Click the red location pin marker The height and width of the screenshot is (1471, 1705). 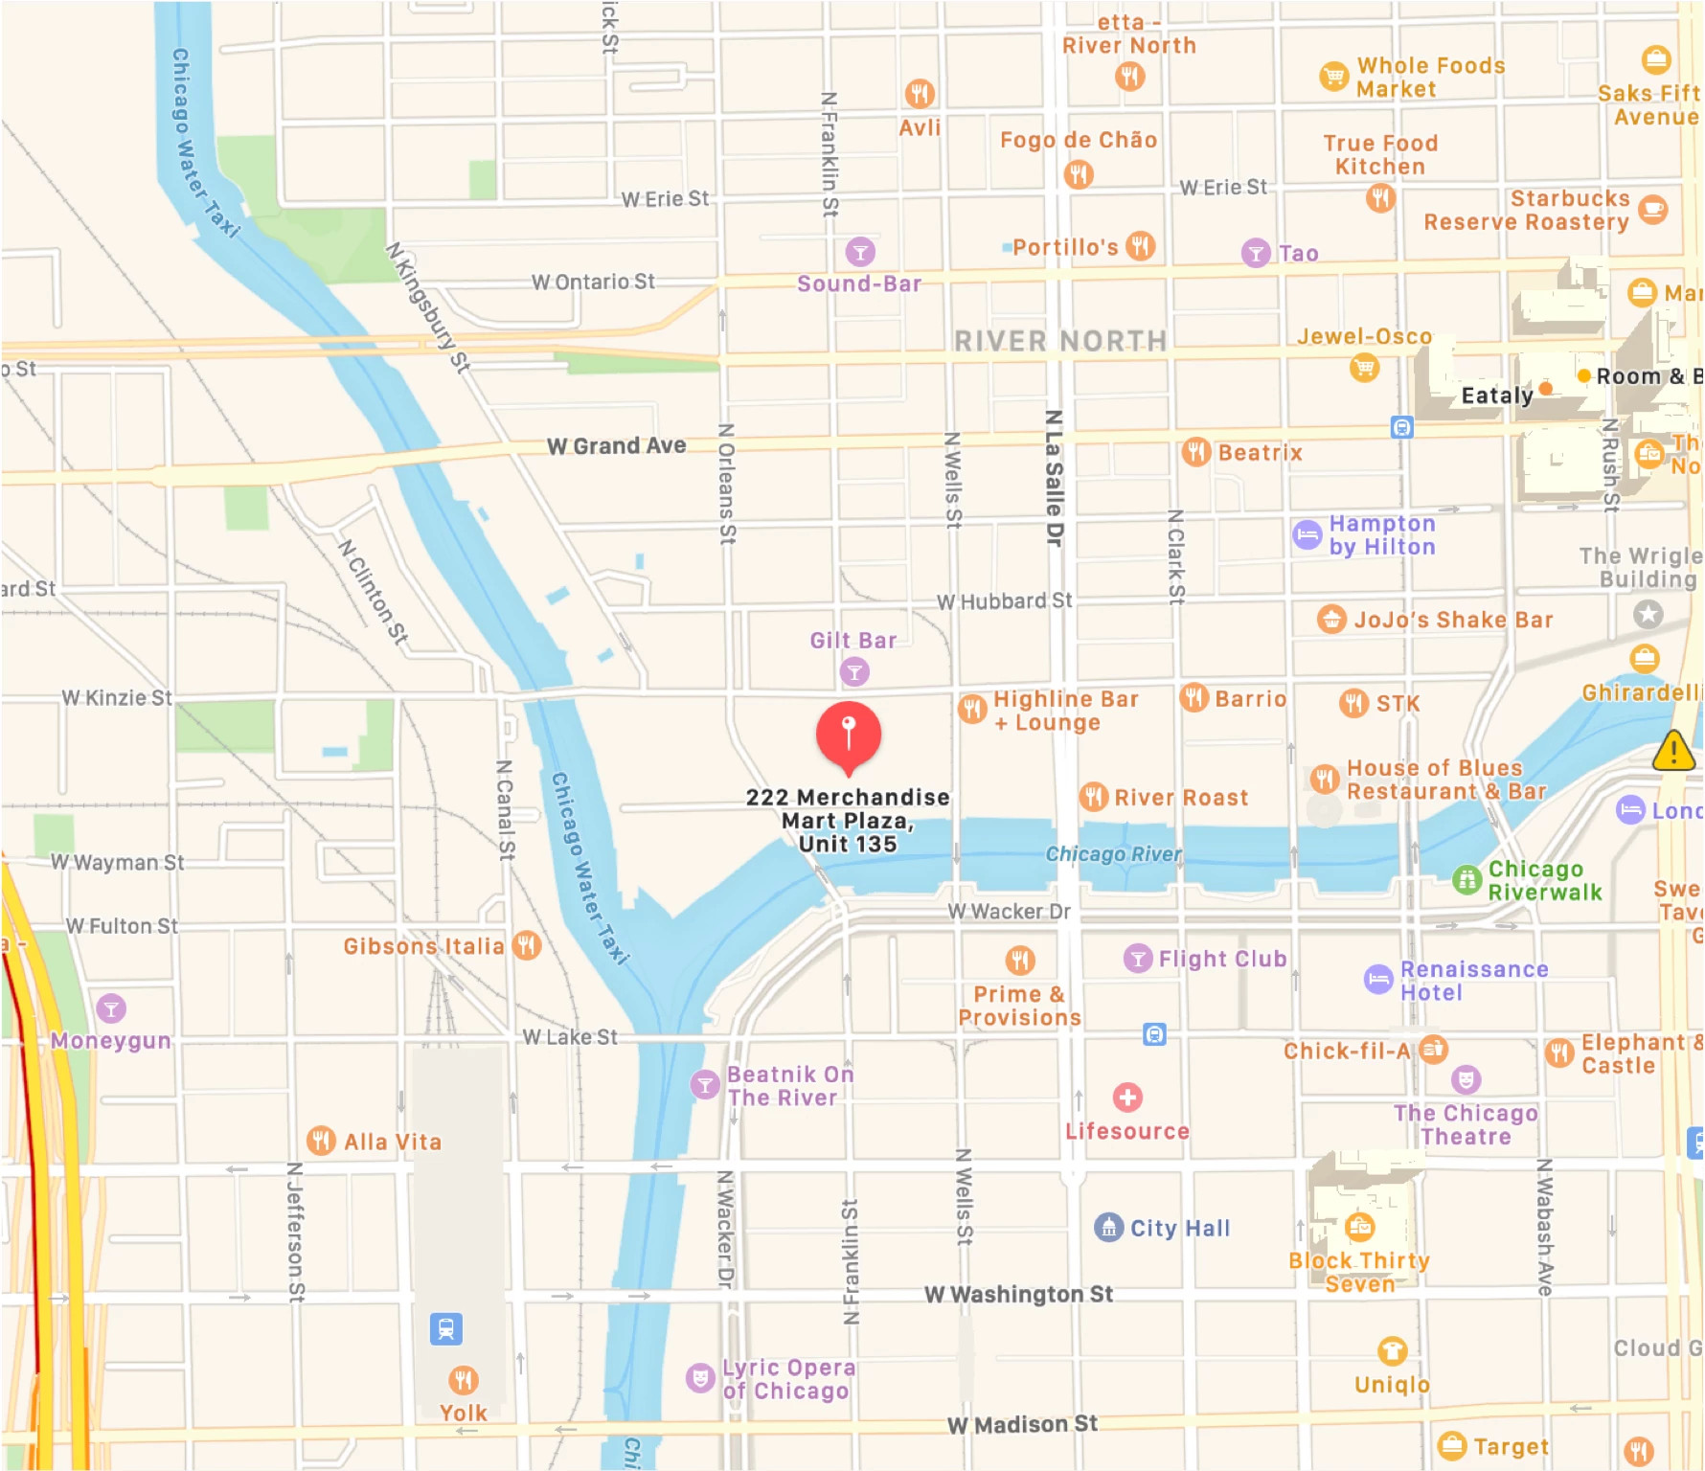848,735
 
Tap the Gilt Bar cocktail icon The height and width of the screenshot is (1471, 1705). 854,671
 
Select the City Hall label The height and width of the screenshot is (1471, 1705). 1179,1228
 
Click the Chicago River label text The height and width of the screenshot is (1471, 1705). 1113,853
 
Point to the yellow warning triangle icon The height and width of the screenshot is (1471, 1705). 1673,751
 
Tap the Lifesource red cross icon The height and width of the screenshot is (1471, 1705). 1127,1098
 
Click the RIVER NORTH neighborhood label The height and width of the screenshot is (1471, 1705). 1060,341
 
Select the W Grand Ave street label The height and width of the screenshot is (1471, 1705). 616,445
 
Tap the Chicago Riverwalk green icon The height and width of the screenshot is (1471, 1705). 1466,879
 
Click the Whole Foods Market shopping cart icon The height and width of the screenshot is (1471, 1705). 1333,77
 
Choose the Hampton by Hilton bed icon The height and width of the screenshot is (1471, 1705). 1307,534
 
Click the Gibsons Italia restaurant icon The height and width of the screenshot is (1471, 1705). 527,945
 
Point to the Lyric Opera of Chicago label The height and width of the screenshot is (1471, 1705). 787,1379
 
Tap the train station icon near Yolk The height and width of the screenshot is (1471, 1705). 445,1328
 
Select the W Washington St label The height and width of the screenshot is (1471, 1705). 1018,1294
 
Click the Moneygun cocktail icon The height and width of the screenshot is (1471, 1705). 111,1007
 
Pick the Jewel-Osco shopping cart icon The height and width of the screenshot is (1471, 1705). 1364,367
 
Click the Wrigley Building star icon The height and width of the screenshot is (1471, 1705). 1648,614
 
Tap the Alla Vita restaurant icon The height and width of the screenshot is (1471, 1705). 321,1141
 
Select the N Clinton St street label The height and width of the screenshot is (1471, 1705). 374,591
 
